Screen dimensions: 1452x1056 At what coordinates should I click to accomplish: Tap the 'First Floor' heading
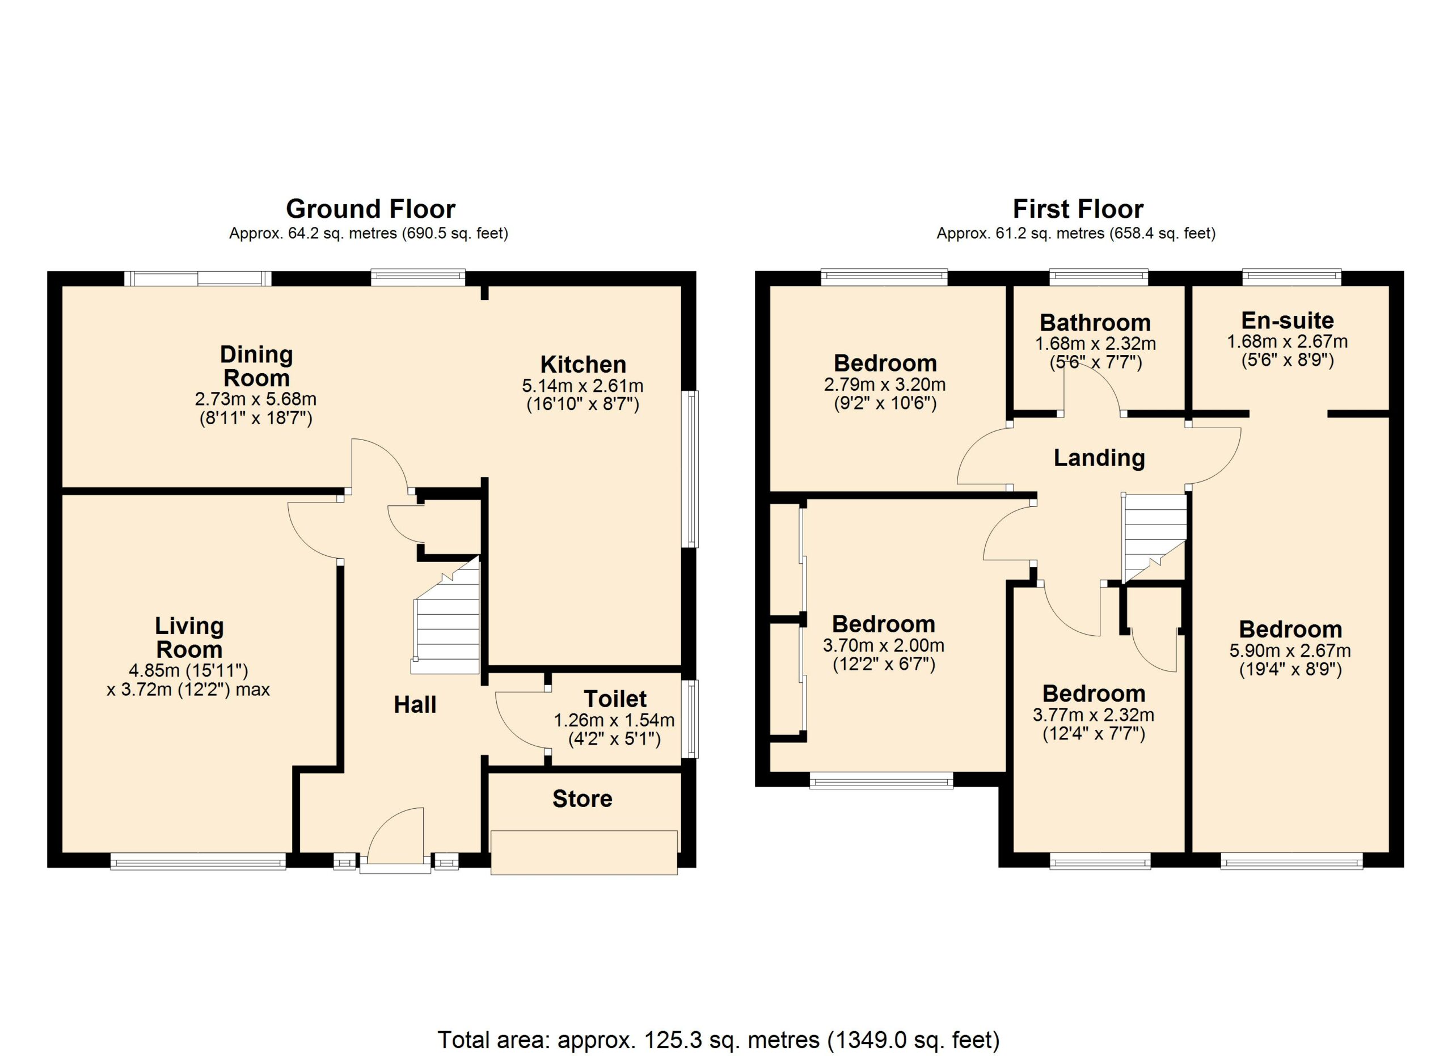pos(1078,209)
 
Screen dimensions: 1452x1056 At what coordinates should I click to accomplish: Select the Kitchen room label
pos(583,364)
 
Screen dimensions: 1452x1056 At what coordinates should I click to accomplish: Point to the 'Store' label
pos(582,798)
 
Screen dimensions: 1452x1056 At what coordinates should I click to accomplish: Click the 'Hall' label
pos(415,704)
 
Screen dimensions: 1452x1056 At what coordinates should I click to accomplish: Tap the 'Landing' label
pos(1099,458)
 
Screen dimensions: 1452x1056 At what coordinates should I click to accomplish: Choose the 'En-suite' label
pos(1288,320)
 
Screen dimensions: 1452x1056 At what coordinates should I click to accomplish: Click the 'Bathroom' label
pos(1095,322)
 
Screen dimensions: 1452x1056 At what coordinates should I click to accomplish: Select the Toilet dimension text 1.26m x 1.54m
pos(614,720)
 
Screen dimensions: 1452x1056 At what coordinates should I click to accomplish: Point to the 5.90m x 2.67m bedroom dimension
pos(1290,651)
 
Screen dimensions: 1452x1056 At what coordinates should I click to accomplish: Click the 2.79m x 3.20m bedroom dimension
pos(885,385)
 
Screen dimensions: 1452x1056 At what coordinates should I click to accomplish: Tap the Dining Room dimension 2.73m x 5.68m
pos(255,399)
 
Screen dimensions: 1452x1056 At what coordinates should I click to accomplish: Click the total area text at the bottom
pos(718,1040)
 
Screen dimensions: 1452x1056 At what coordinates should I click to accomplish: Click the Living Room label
pos(189,637)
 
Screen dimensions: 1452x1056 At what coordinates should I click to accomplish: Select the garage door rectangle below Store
pos(584,852)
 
